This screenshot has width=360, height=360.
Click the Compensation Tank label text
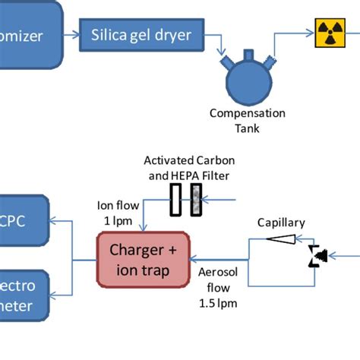tap(247, 120)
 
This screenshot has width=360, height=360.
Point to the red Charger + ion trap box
tap(143, 260)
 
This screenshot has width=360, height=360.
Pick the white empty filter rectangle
tap(175, 202)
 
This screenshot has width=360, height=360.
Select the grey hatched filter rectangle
tap(195, 202)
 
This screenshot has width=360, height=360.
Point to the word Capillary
tap(281, 223)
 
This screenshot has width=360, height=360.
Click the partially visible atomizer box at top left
tap(30, 34)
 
